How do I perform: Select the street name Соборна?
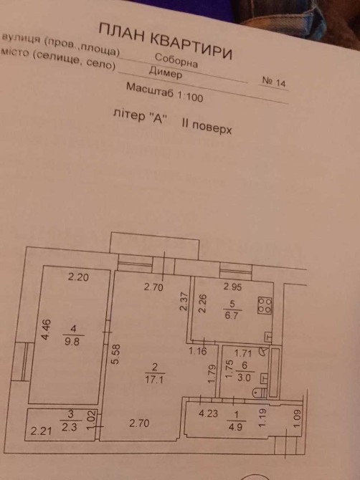point(176,60)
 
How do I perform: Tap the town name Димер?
point(166,73)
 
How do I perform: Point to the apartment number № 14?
point(275,82)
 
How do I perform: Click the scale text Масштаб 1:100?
point(165,92)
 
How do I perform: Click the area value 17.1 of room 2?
point(155,380)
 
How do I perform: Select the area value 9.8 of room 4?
point(72,341)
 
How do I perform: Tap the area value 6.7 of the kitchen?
point(232,315)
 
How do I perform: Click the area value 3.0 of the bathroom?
point(244,378)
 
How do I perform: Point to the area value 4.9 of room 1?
point(236,426)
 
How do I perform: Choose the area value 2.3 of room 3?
point(70,427)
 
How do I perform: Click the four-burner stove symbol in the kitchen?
point(265,305)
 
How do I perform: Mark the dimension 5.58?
point(116,354)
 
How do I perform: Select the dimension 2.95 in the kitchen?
point(233,287)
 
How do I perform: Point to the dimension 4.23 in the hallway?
point(209,413)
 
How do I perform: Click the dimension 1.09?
point(298,420)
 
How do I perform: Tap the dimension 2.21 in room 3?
point(41,431)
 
